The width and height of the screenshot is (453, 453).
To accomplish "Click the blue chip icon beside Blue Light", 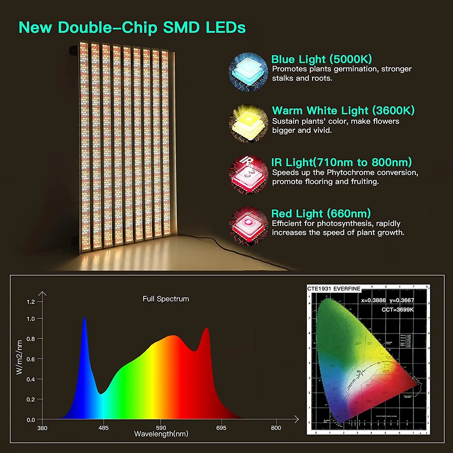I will tap(248, 72).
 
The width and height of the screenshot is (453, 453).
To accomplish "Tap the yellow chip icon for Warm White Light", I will tap(249, 123).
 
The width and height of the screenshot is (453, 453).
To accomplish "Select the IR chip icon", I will tap(249, 175).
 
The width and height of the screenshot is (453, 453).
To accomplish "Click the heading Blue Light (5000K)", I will tap(321, 59).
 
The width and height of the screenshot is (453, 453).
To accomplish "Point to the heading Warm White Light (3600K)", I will tap(343, 111).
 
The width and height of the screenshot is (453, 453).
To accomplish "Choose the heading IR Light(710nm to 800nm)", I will tap(341, 162).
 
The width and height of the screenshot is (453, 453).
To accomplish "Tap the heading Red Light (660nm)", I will tap(321, 214).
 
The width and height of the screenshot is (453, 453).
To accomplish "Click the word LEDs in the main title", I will tap(226, 27).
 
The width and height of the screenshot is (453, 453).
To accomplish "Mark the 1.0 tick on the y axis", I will tap(31, 319).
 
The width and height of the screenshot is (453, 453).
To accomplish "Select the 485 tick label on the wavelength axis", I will tap(103, 428).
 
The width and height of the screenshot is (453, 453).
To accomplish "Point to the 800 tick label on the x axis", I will tap(276, 428).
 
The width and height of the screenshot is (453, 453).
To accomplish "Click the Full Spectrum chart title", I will tap(166, 299).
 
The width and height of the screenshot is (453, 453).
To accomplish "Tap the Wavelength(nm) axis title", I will tap(161, 434).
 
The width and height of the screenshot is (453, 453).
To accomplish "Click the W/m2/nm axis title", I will tap(19, 357).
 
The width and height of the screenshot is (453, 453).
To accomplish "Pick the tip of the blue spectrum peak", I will tap(84, 318).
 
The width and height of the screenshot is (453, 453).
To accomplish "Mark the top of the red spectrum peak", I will tap(207, 328).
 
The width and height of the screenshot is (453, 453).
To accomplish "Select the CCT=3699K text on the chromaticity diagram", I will tap(397, 310).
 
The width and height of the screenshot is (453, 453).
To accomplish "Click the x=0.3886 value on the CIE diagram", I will tap(373, 300).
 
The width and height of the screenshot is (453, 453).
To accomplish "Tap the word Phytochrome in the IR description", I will tap(351, 173).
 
